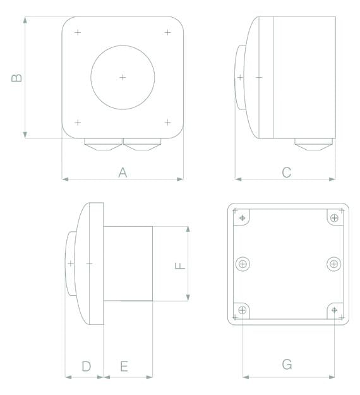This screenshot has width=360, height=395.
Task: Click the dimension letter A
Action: coord(123,172)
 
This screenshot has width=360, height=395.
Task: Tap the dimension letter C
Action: coord(286,172)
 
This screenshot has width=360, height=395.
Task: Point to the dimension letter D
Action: coord(87,365)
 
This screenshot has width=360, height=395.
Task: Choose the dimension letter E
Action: coord(124,366)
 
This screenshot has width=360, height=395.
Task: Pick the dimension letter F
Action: coord(181,264)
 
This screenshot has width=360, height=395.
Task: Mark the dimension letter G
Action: coord(287,365)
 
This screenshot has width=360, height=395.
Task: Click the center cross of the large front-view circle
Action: coord(123,77)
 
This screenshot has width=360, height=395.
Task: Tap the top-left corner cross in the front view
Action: coord(78,32)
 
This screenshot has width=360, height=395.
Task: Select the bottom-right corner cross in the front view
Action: coord(167,122)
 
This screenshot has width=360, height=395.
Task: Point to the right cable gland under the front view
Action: coord(142,145)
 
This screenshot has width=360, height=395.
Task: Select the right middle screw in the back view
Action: coord(333,264)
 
